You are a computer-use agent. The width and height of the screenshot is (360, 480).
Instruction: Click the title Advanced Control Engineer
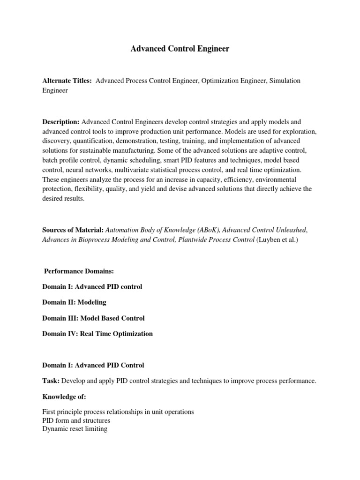click(x=180, y=49)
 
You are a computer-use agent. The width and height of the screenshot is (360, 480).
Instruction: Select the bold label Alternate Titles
click(x=67, y=81)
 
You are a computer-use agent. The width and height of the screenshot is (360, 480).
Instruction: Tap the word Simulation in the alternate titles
click(x=284, y=81)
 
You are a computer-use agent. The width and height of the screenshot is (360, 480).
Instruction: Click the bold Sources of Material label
click(x=73, y=230)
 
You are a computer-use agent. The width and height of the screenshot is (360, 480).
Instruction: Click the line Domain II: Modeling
click(x=74, y=302)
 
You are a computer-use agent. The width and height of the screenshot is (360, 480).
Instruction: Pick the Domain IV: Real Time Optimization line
click(x=97, y=334)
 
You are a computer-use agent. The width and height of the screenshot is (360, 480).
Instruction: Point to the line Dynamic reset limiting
click(x=75, y=429)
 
